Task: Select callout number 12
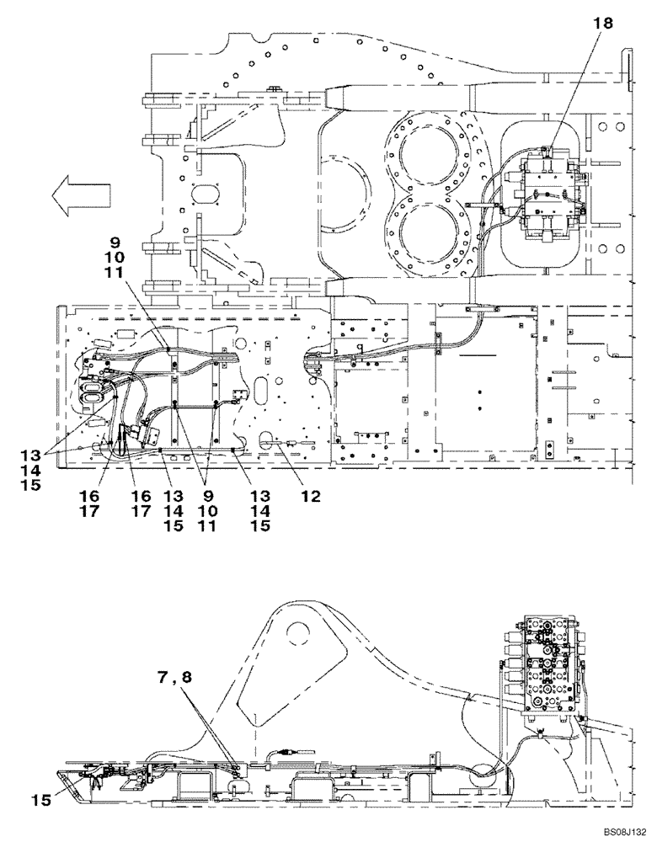pyautogui.click(x=311, y=498)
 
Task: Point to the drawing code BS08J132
pyautogui.click(x=619, y=832)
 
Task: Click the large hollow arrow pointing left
pyautogui.click(x=81, y=196)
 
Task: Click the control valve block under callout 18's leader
pyautogui.click(x=545, y=197)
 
